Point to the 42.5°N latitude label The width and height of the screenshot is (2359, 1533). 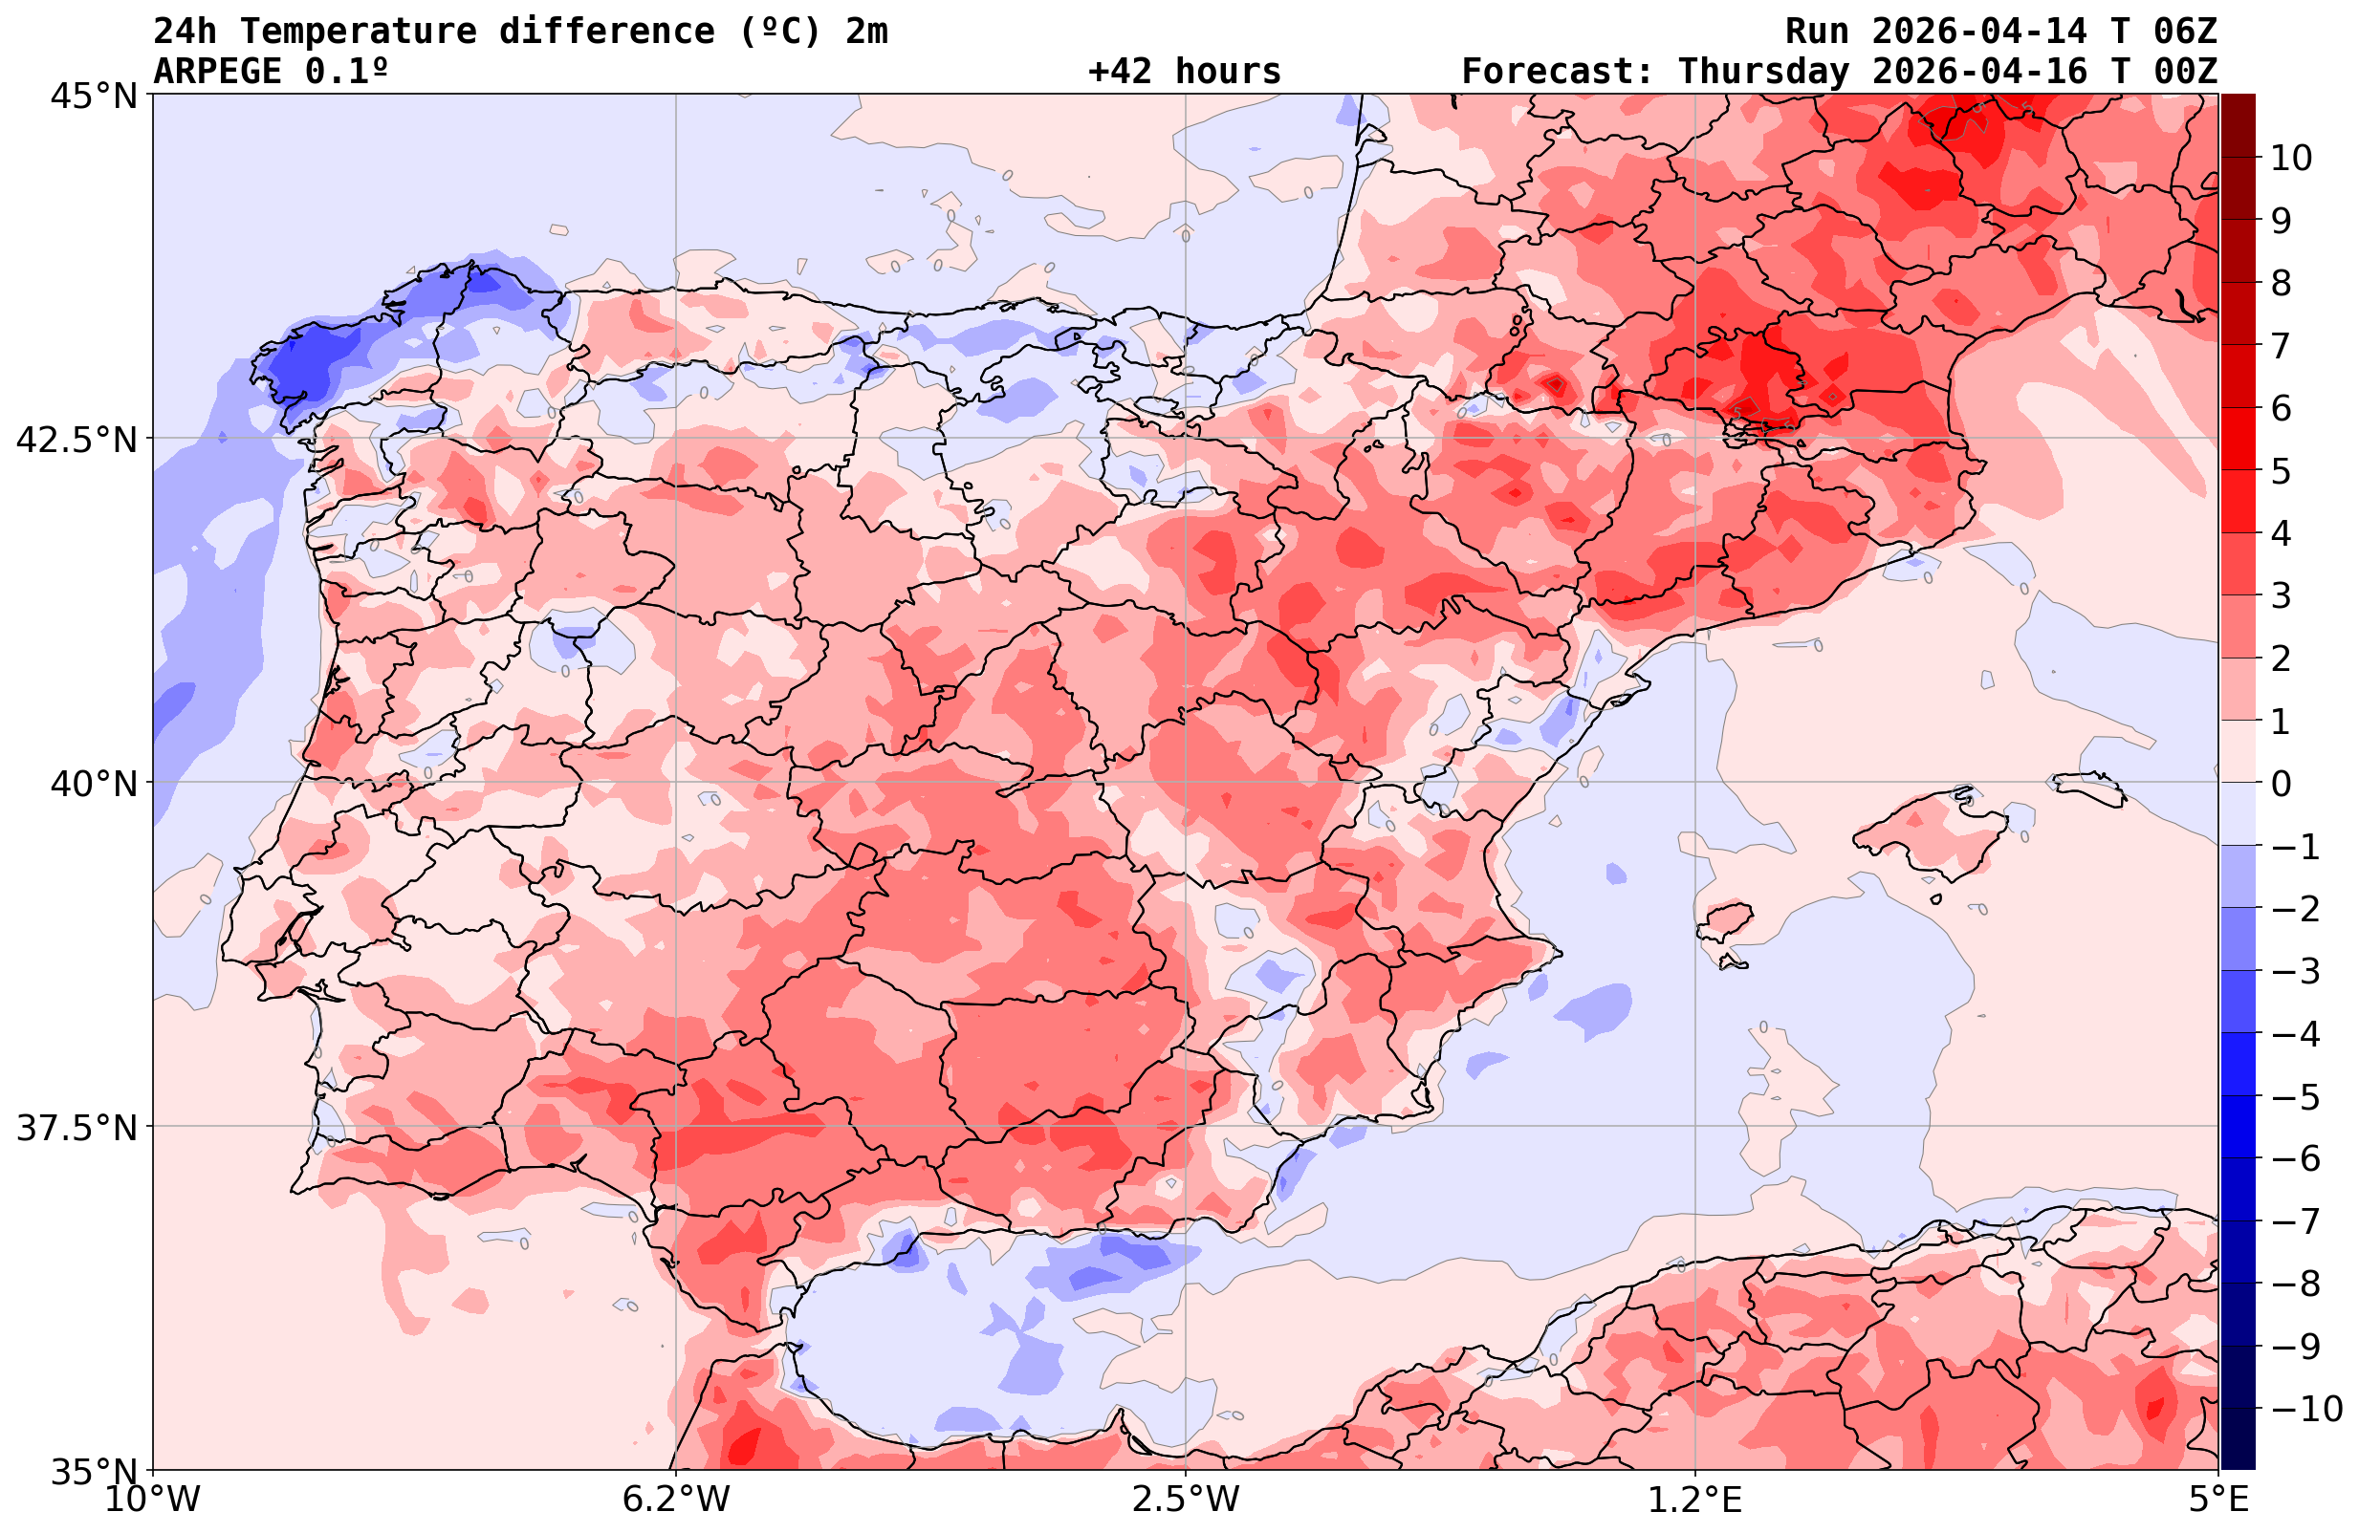[x=76, y=439]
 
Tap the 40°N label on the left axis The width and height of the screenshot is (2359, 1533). [x=93, y=784]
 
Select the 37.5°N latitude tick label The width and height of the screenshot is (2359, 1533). [x=76, y=1128]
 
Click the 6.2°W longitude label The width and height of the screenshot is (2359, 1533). [x=676, y=1500]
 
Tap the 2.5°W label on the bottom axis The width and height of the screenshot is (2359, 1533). [x=1186, y=1500]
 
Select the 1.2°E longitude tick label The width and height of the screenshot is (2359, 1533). [x=1695, y=1500]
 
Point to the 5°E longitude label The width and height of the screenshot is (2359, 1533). [x=2218, y=1500]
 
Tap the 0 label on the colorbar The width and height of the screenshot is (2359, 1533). [x=2281, y=784]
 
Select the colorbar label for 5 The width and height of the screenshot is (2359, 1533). [x=2281, y=471]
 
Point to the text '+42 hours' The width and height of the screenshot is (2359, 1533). [x=1185, y=72]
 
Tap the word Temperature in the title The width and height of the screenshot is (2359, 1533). [x=358, y=32]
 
